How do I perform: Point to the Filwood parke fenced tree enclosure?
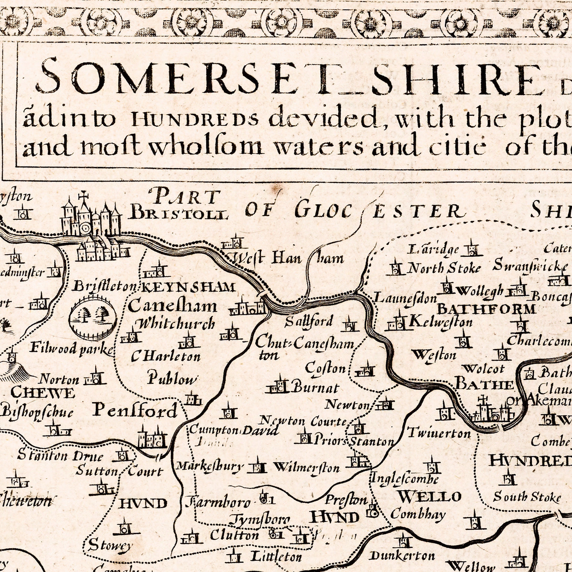click(93, 318)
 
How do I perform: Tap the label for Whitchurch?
click(175, 324)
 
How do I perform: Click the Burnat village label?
click(316, 388)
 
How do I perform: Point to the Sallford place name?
click(309, 321)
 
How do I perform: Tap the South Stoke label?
click(527, 497)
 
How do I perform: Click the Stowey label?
click(110, 545)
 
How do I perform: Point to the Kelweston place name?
click(440, 322)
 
